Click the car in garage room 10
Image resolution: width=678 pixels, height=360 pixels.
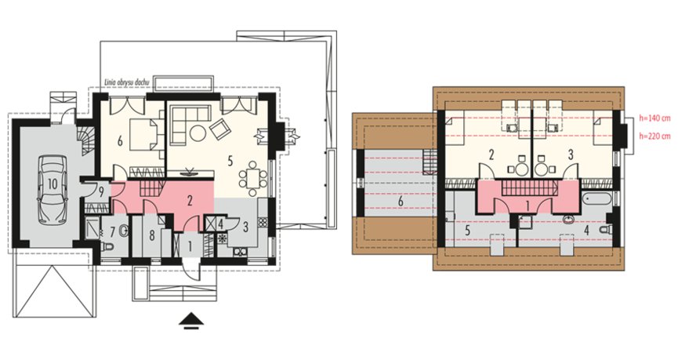pos(53,190)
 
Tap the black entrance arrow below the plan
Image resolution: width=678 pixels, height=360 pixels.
pos(191,322)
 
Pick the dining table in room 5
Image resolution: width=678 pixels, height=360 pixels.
pos(253,177)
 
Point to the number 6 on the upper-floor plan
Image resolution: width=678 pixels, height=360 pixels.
pos(401,202)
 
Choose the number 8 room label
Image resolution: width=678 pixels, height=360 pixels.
pos(151,236)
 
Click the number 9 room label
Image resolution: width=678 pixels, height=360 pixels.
pos(100,192)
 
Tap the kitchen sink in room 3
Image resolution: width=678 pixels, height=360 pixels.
pos(241,252)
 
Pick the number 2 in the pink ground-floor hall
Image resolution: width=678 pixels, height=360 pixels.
pos(190,200)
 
